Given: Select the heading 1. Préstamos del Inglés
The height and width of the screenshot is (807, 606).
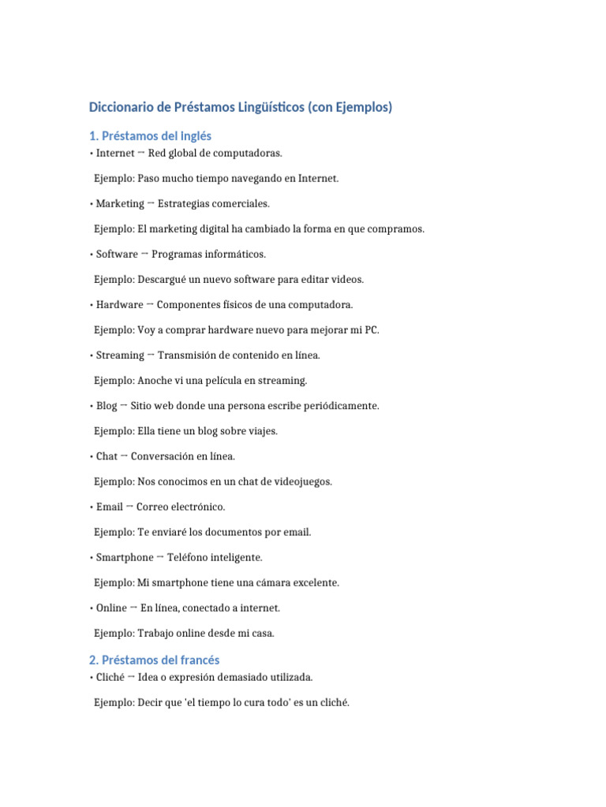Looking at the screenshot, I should pyautogui.click(x=150, y=136).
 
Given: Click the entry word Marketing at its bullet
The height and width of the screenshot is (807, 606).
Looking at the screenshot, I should pyautogui.click(x=120, y=203).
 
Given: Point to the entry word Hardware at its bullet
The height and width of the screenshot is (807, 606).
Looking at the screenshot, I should pyautogui.click(x=119, y=304).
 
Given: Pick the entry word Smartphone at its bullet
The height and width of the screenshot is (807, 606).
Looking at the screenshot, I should pyautogui.click(x=125, y=557).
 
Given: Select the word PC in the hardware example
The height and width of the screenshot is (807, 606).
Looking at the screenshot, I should pyautogui.click(x=372, y=329).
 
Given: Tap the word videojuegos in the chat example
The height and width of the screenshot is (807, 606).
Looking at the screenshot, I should pyautogui.click(x=304, y=482).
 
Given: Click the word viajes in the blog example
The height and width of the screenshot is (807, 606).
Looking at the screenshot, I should pyautogui.click(x=263, y=431).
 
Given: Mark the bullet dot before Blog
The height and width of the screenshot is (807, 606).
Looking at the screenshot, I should pyautogui.click(x=92, y=406).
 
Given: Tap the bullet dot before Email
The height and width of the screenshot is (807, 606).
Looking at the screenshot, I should pyautogui.click(x=92, y=507).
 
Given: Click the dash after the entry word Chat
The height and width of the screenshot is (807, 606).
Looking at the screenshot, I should pyautogui.click(x=124, y=456).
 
